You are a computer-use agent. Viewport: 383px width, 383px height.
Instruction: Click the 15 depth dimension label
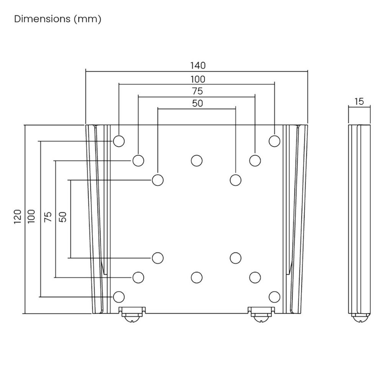click(x=359, y=101)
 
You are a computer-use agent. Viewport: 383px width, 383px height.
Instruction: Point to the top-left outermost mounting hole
click(x=119, y=141)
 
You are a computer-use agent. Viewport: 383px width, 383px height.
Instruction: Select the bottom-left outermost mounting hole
click(x=119, y=296)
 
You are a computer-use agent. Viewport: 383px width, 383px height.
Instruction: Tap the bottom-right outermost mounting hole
click(x=274, y=296)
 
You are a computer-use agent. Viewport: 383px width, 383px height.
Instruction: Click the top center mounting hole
click(x=196, y=160)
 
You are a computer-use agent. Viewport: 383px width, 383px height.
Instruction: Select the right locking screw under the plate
click(x=260, y=316)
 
